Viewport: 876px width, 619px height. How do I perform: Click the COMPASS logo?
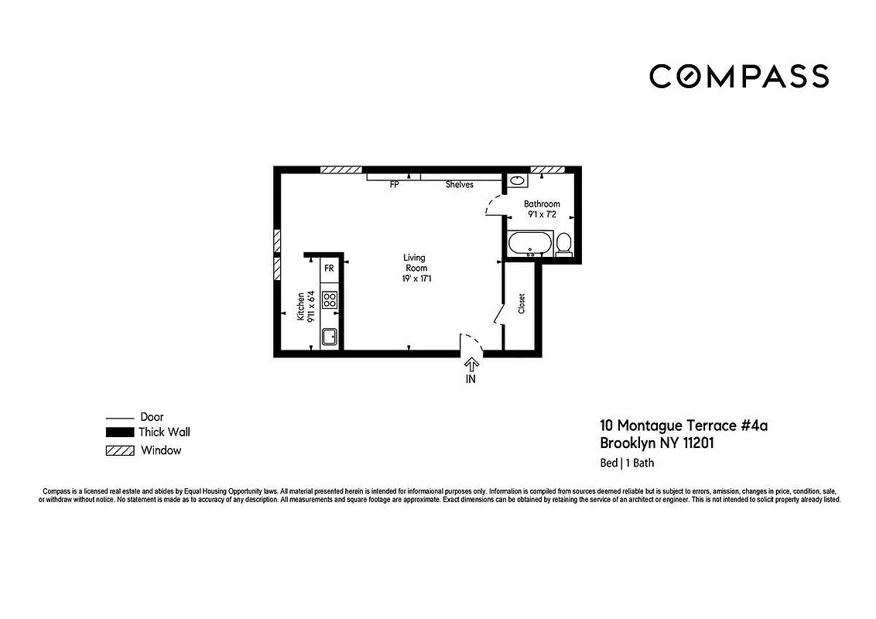pyautogui.click(x=738, y=76)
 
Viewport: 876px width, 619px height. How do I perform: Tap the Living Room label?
pyautogui.click(x=414, y=263)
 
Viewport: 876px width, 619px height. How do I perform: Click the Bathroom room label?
pyautogui.click(x=542, y=204)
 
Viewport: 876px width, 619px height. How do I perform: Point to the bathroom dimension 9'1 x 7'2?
pyautogui.click(x=542, y=214)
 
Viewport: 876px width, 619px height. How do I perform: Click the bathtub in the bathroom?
pyautogui.click(x=529, y=244)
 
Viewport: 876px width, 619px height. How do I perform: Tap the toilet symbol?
pyautogui.click(x=564, y=243)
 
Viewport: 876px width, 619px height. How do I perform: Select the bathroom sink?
pyautogui.click(x=517, y=181)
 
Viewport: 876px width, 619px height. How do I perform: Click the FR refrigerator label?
pyautogui.click(x=329, y=268)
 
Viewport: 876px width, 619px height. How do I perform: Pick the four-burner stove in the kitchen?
pyautogui.click(x=330, y=299)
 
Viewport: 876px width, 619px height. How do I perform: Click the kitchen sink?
pyautogui.click(x=329, y=337)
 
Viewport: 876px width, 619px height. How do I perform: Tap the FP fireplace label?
pyautogui.click(x=394, y=185)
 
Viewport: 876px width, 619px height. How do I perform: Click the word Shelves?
pyautogui.click(x=459, y=185)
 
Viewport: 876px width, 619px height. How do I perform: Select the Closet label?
pyautogui.click(x=522, y=303)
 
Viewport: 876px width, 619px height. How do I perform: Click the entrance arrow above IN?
pyautogui.click(x=471, y=364)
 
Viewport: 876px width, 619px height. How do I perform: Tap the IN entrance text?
pyautogui.click(x=471, y=379)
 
